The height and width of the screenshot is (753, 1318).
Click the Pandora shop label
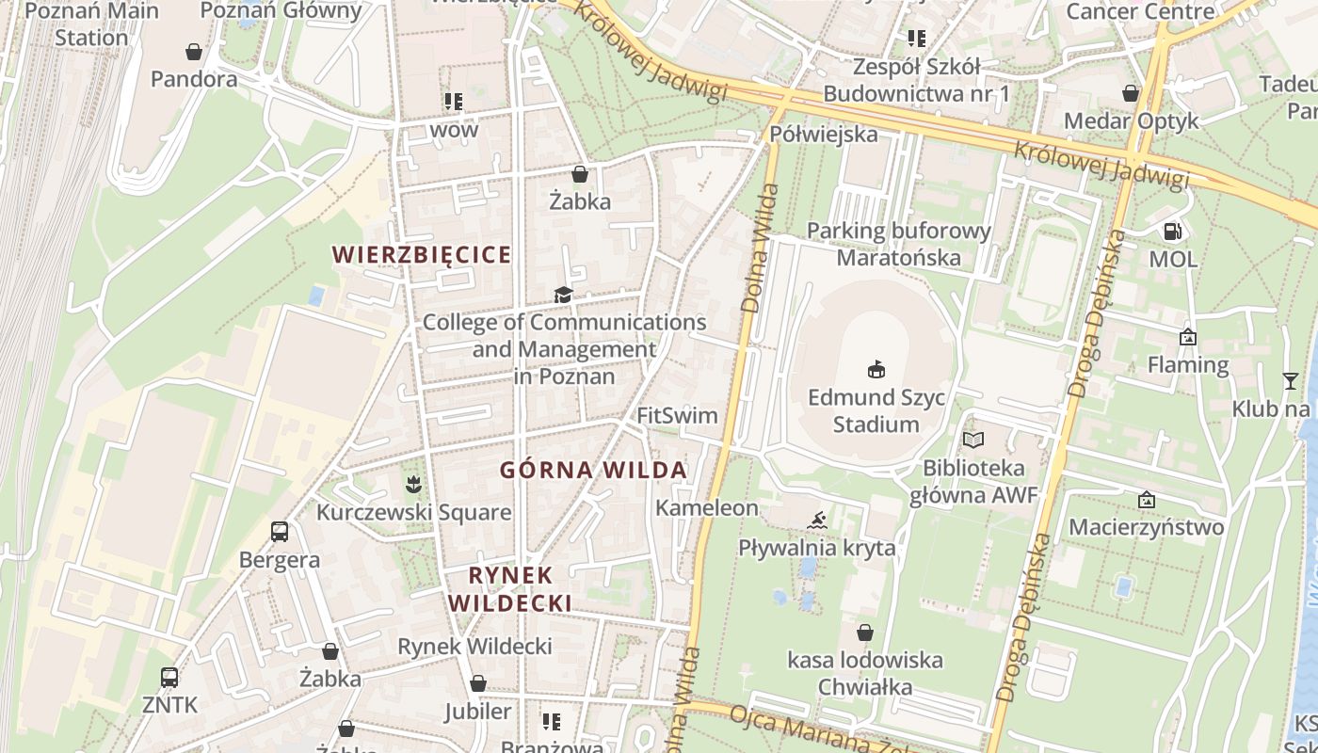[194, 79]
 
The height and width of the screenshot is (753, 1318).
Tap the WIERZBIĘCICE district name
[423, 254]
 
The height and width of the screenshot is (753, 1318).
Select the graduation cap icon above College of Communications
[563, 296]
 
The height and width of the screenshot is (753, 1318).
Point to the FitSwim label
[677, 415]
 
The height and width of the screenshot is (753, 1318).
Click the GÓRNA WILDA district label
[593, 470]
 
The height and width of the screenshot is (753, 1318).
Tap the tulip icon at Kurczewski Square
[412, 486]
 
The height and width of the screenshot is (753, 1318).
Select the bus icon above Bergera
[280, 532]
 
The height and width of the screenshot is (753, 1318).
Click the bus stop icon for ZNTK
[169, 677]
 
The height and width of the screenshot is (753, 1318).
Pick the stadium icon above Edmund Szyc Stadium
[876, 368]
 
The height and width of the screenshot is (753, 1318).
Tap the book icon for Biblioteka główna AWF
[973, 440]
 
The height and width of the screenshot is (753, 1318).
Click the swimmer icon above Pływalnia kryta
[817, 521]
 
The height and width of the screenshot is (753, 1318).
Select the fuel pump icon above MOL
[1173, 231]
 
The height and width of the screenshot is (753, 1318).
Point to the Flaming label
[1188, 364]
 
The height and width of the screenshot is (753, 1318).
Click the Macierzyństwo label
[1146, 526]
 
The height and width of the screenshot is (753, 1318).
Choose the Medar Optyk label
[1132, 120]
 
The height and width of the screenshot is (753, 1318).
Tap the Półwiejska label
[824, 134]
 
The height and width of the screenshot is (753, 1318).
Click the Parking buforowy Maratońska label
[899, 244]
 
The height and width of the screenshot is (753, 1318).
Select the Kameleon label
[707, 508]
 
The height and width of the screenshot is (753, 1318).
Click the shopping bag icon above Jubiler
[478, 683]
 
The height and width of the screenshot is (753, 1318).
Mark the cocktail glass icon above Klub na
[1290, 380]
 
